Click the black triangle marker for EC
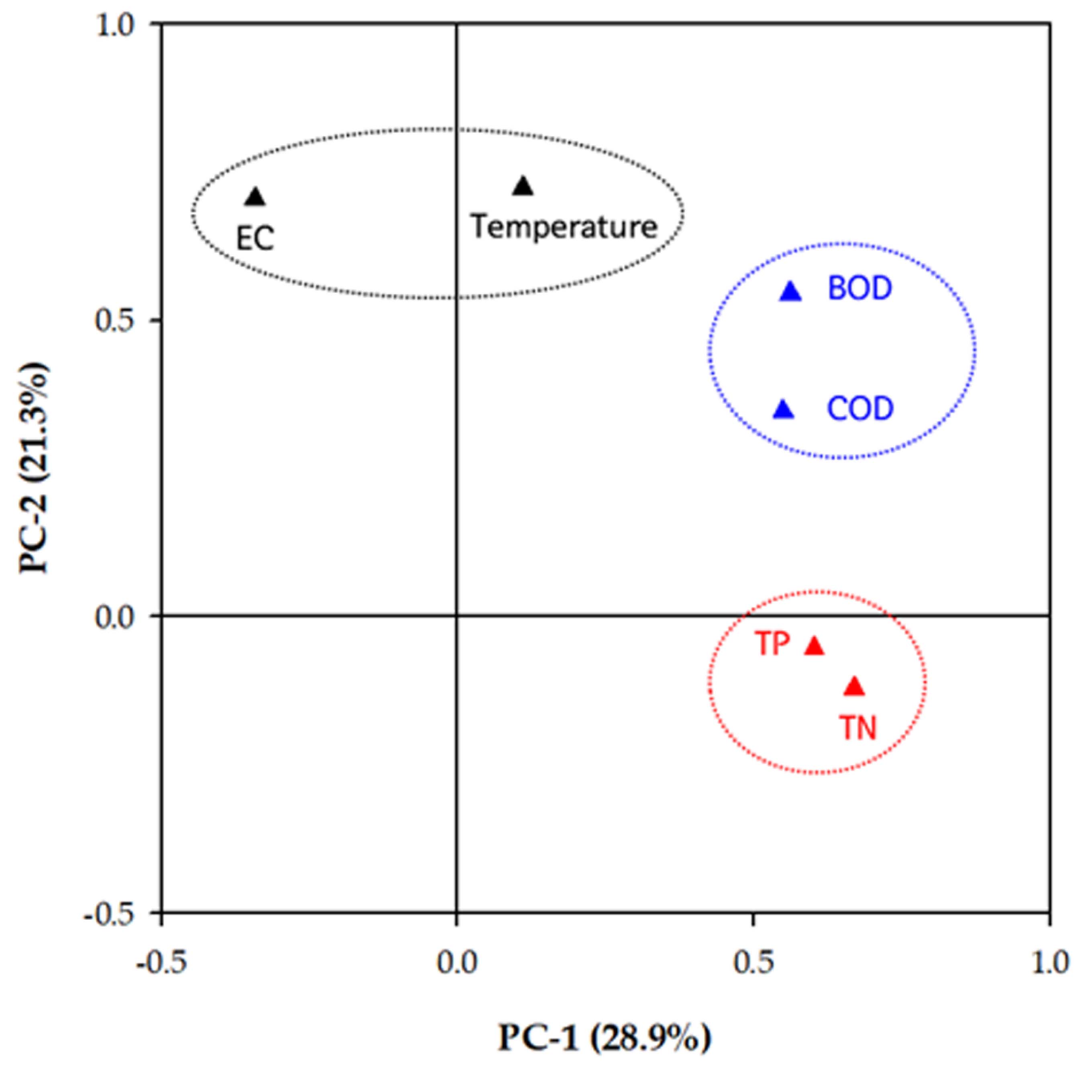tap(255, 197)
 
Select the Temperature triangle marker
tap(523, 186)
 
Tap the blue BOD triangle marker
tap(791, 291)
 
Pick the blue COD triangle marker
tap(784, 409)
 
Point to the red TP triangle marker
tap(815, 646)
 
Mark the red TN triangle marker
tap(854, 686)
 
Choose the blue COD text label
tap(860, 409)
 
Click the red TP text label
tap(772, 644)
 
